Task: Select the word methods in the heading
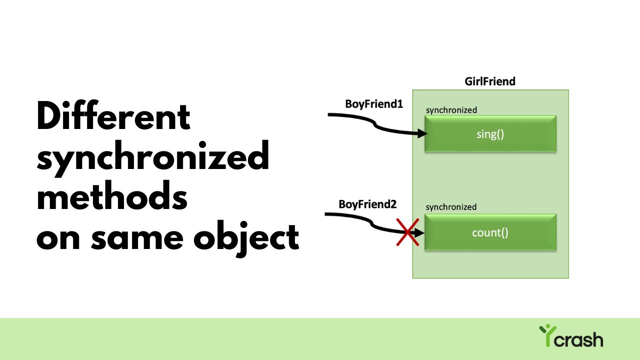(x=112, y=198)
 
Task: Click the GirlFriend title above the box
(x=490, y=81)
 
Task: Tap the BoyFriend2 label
(x=367, y=204)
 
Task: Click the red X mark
(x=407, y=232)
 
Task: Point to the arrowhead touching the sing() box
(x=423, y=133)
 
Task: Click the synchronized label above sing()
(x=451, y=110)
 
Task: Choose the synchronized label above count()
(x=451, y=207)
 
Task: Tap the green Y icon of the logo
(x=546, y=333)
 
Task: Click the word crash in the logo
(x=579, y=340)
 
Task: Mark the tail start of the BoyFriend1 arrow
(x=329, y=114)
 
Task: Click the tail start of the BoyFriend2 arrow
(x=326, y=214)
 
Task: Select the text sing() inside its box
(x=490, y=134)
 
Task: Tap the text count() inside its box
(x=490, y=232)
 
